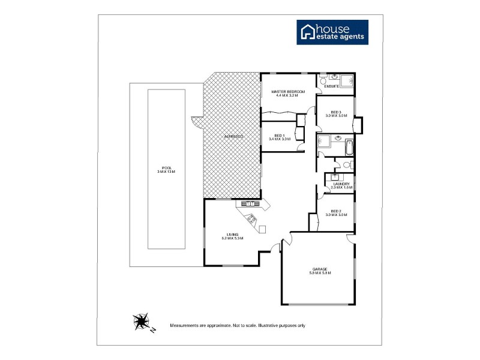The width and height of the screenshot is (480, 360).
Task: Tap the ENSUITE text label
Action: [332, 86]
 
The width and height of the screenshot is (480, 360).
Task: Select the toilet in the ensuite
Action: [323, 80]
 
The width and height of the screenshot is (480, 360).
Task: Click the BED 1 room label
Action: [279, 136]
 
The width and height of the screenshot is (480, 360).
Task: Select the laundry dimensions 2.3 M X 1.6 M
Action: [341, 188]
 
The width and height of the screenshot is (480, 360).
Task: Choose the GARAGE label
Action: [320, 269]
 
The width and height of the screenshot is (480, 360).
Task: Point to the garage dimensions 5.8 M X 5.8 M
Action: [320, 273]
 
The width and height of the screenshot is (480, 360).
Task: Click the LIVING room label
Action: [232, 235]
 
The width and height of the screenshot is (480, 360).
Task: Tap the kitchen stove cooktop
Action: [251, 220]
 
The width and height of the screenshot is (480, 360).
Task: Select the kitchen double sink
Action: [249, 204]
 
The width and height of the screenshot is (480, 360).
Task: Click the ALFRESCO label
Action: [233, 137]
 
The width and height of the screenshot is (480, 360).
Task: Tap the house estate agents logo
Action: [333, 32]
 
